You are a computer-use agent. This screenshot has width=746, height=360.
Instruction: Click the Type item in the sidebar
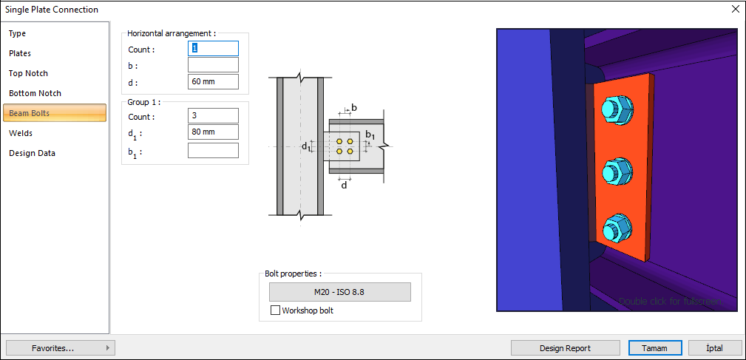tap(18, 33)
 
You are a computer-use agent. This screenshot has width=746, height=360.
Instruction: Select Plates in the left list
tap(20, 53)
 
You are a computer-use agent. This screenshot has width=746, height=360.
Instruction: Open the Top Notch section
tap(28, 73)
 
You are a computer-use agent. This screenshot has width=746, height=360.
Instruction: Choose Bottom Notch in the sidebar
tap(35, 93)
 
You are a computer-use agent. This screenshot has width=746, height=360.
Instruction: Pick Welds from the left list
tap(21, 133)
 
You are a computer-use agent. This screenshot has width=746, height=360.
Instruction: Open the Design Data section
tap(32, 153)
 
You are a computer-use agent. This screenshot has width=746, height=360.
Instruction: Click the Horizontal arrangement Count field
tap(213, 48)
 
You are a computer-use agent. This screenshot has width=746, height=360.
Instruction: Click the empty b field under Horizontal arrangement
tap(213, 65)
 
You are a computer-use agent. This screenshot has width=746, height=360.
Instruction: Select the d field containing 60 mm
tap(213, 81)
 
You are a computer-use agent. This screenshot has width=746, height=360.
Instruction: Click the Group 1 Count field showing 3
tap(213, 116)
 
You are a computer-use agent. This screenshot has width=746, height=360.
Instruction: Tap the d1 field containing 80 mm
tap(213, 132)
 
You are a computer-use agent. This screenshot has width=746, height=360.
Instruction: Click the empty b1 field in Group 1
tap(213, 151)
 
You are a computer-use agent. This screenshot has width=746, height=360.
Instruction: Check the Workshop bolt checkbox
tap(276, 310)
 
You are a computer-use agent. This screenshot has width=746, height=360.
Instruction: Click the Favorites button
tap(59, 347)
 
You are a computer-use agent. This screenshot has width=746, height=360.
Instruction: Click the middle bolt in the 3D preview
tap(617, 172)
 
